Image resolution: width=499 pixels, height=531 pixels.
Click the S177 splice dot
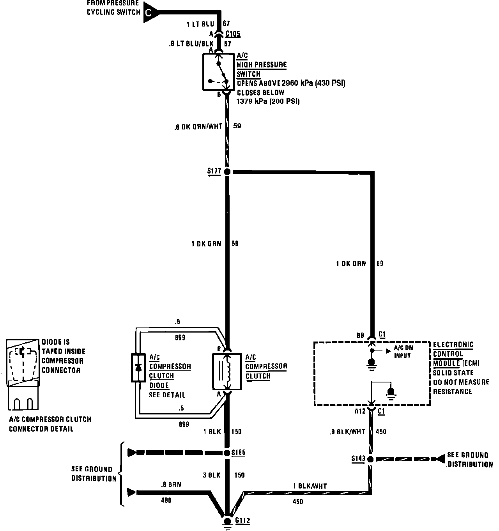(x=227, y=172)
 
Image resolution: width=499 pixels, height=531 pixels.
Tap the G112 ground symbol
(x=227, y=521)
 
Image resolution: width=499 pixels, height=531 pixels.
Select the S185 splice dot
(x=227, y=453)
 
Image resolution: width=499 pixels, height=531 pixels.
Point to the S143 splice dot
(x=370, y=459)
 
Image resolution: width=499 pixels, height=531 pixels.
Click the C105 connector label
(x=233, y=34)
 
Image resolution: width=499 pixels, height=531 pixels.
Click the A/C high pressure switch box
(x=218, y=72)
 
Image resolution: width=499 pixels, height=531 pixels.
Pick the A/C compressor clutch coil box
(x=227, y=372)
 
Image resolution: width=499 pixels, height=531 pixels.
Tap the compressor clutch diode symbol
(x=138, y=368)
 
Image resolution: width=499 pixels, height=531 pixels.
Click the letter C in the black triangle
(x=149, y=12)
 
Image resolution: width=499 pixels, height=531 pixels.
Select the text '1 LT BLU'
(x=200, y=24)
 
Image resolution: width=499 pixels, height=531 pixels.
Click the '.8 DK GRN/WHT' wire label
(x=198, y=126)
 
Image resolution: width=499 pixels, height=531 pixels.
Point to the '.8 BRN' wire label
(x=171, y=485)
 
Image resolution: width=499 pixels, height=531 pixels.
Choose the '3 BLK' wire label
(x=212, y=475)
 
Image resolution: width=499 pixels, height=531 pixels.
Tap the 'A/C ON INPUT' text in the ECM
(x=403, y=352)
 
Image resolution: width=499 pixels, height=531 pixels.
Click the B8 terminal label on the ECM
(x=360, y=335)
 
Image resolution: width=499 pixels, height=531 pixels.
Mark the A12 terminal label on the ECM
(x=360, y=411)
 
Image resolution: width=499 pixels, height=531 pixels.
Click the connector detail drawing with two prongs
(x=23, y=374)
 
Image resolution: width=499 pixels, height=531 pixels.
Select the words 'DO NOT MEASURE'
(x=461, y=382)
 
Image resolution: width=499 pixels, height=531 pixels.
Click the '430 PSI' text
(x=330, y=83)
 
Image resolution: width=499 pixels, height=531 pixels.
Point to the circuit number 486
(x=166, y=500)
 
